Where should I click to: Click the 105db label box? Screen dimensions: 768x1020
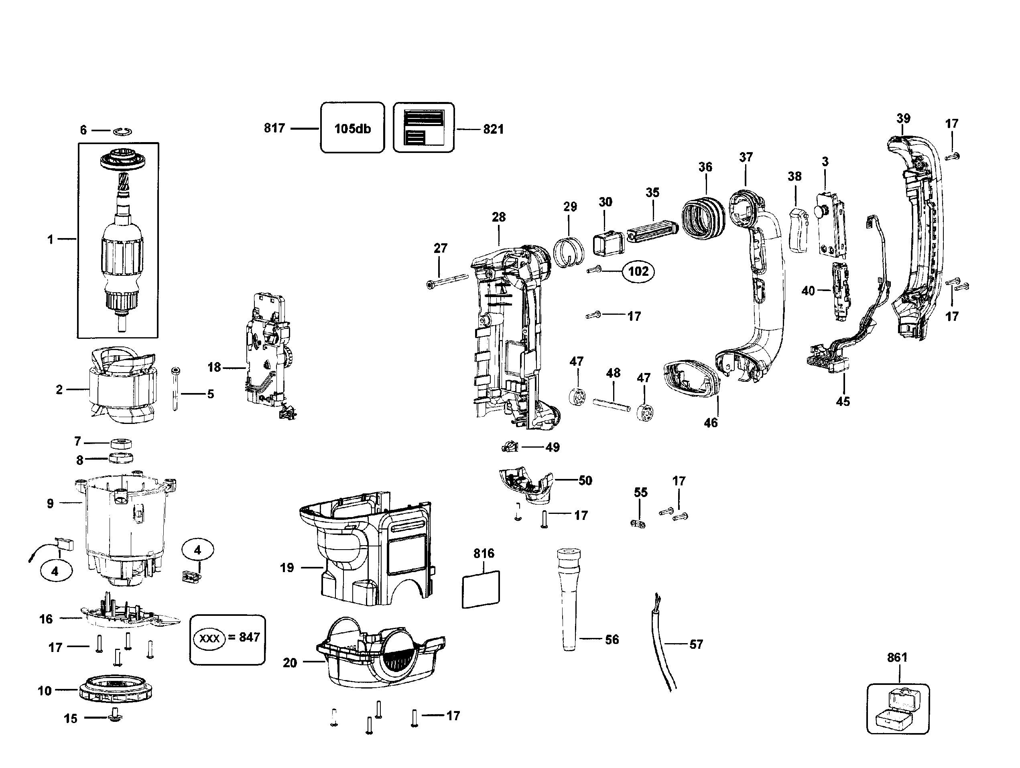coord(352,128)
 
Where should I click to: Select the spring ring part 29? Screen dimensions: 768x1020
coord(569,252)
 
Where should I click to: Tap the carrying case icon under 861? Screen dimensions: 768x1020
coord(897,708)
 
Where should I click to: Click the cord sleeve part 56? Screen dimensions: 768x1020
coord(569,600)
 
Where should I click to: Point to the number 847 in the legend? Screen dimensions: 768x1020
coord(250,637)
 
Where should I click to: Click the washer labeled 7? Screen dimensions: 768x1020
coord(121,444)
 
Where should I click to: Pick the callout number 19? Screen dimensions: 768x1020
coord(287,567)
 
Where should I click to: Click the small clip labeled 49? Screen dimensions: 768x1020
coord(510,446)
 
